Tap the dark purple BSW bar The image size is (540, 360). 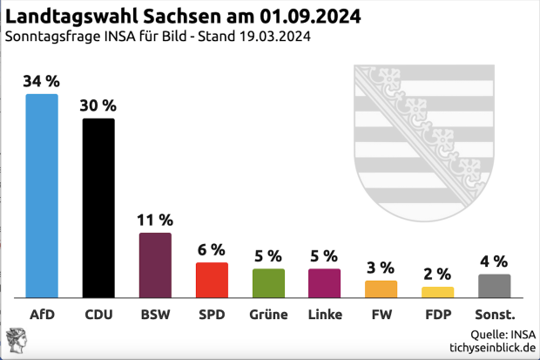(155, 265)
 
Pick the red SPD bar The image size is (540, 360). (212, 280)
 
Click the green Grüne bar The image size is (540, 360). (268, 282)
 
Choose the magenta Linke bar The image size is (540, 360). (324, 282)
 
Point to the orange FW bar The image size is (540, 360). (381, 289)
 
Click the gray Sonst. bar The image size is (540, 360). (494, 286)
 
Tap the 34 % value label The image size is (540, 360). (42, 81)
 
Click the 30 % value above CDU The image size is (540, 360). (98, 105)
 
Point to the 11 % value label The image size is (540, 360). (155, 220)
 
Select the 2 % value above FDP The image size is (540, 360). (437, 274)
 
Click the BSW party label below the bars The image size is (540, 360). (155, 314)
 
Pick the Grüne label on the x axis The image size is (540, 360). (268, 314)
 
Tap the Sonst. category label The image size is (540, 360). (494, 314)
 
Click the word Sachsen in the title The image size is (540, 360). (184, 17)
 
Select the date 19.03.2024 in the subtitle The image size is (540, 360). (269, 37)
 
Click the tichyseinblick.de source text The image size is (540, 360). (492, 347)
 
